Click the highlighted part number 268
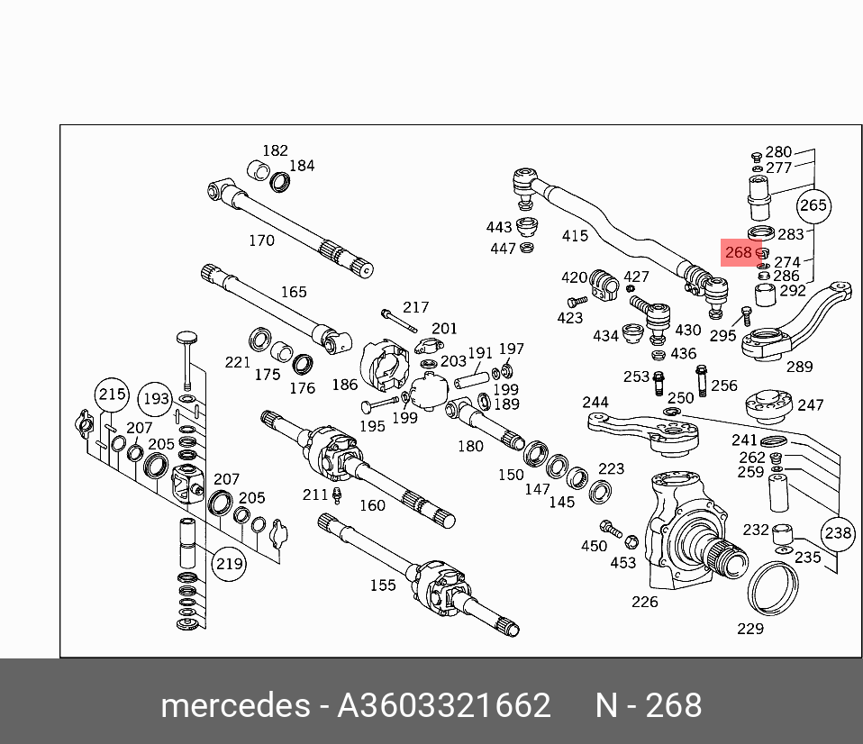(x=738, y=253)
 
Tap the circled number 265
(x=813, y=205)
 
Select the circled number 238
(x=838, y=533)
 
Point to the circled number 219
(x=229, y=564)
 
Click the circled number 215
(x=112, y=394)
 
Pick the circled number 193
(x=155, y=398)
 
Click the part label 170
(x=261, y=240)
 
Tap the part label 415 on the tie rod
(x=575, y=236)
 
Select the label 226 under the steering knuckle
(x=645, y=602)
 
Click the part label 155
(x=383, y=585)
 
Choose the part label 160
(x=372, y=505)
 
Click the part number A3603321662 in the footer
(x=443, y=705)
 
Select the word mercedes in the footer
(x=234, y=705)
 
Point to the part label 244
(x=595, y=402)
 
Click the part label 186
(x=344, y=385)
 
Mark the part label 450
(x=594, y=546)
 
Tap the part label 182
(x=275, y=150)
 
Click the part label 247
(x=810, y=405)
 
